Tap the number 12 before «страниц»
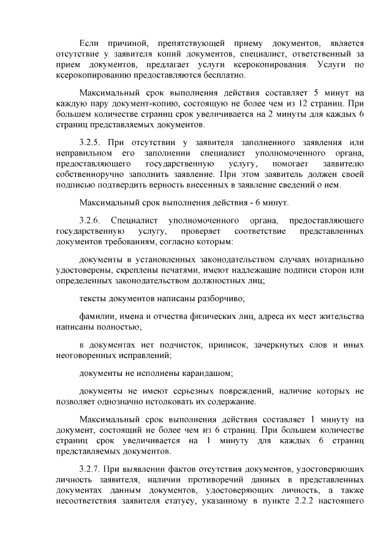click(311, 103)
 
